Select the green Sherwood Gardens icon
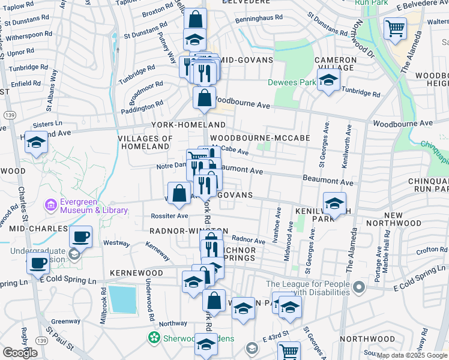click(154, 338)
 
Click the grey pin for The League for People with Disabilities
click(359, 287)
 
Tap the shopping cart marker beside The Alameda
click(395, 29)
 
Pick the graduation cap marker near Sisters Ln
click(36, 143)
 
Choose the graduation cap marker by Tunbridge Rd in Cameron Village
click(328, 80)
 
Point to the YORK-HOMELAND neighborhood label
click(188, 125)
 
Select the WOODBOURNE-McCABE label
click(268, 138)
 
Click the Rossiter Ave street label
click(170, 216)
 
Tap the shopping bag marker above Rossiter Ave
click(179, 194)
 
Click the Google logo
click(20, 353)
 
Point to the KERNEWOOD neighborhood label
click(136, 273)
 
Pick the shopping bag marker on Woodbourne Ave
click(204, 98)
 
